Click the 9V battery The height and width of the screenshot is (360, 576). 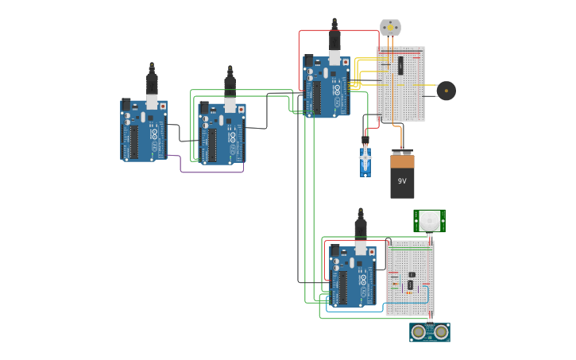coord(402,176)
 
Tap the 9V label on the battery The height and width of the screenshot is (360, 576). coord(402,181)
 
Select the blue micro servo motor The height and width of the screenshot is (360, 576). coord(365,161)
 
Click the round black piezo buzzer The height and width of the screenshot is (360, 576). coord(446,91)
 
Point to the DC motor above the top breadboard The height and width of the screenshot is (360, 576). coord(390,28)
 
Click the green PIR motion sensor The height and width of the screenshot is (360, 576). coord(429,220)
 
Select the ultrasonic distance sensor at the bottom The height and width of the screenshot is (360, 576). coord(430,331)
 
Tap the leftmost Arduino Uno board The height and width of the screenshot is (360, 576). coord(144,130)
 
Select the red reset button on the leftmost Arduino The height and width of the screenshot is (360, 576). coord(163,105)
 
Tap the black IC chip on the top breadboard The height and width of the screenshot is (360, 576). coord(400,64)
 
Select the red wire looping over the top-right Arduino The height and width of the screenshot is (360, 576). coord(318,31)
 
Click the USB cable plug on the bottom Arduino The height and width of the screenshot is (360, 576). coord(360,228)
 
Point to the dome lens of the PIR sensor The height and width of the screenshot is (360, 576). coord(429,219)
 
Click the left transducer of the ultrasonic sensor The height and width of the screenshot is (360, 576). coord(419,331)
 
